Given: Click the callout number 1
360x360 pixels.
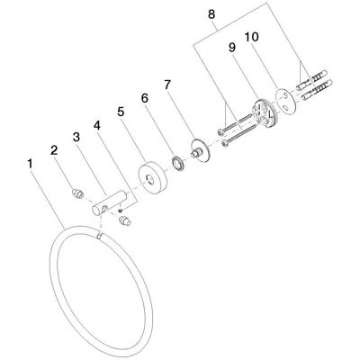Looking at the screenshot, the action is point(30,164).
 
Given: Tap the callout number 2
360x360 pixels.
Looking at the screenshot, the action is point(54,150).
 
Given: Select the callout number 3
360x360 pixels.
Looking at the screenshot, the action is point(76,138).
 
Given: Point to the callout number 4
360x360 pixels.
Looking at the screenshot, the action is point(96,125).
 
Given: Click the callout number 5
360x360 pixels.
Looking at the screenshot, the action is point(121,112).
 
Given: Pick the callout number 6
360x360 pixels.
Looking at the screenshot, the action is point(145,98).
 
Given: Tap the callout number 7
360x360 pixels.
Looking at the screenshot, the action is point(167,85).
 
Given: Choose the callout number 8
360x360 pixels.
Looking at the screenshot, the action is point(211,14).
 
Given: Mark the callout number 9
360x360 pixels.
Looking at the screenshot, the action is point(232,49).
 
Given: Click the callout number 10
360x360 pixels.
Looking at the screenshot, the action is point(251,37).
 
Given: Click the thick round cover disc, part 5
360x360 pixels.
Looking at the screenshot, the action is point(153,178).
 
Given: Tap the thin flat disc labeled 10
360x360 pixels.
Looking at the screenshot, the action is point(286,100).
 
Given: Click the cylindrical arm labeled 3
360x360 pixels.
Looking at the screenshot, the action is point(109,202).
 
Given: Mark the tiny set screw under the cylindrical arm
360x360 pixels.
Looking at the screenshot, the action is point(120,210).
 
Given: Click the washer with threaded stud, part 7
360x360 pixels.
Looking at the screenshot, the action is point(201,150).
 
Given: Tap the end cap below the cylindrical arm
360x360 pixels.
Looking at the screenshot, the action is point(124,220).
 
